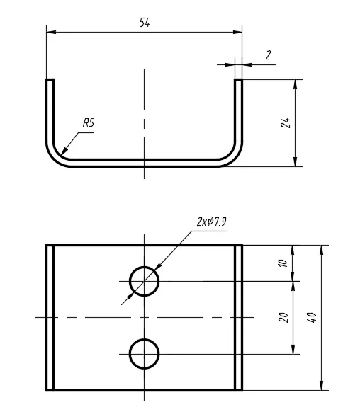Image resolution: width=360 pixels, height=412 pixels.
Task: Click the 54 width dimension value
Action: tap(145, 23)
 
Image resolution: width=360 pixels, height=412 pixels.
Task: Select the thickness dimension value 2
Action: tap(268, 55)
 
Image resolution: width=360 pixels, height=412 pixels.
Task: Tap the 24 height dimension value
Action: tap(286, 122)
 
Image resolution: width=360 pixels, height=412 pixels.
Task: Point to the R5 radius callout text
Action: tap(89, 122)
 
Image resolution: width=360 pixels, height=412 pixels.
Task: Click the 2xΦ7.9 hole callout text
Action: tap(212, 222)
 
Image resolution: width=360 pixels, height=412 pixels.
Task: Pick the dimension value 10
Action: tap(283, 263)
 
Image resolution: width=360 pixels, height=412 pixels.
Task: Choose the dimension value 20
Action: tap(283, 317)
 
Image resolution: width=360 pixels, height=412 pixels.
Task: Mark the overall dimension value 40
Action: tap(312, 317)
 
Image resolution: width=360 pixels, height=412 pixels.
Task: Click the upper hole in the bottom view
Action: tap(144, 267)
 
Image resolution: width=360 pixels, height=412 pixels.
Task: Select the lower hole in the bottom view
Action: tap(144, 340)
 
